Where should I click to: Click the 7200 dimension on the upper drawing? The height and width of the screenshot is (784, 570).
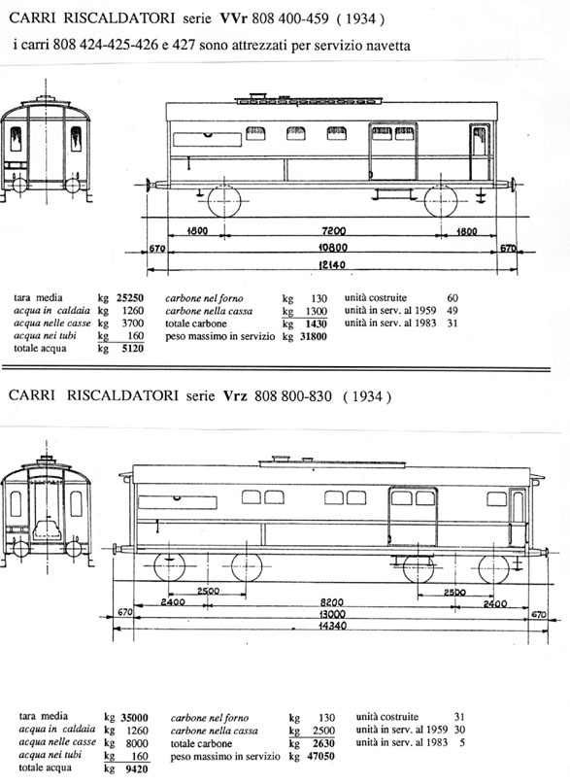pyautogui.click(x=334, y=231)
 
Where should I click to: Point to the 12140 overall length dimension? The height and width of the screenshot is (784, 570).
pyautogui.click(x=332, y=264)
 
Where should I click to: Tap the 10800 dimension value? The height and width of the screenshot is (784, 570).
pyautogui.click(x=333, y=248)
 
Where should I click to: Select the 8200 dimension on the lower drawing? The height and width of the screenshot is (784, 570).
pyautogui.click(x=331, y=603)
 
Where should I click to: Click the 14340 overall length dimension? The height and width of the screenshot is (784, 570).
pyautogui.click(x=332, y=626)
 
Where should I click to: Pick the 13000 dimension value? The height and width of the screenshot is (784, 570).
pyautogui.click(x=332, y=615)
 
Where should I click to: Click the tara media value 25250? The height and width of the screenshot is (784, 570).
pyautogui.click(x=130, y=298)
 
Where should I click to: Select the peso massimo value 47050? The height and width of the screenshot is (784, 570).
pyautogui.click(x=320, y=757)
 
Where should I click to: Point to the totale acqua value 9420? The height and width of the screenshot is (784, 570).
pyautogui.click(x=135, y=768)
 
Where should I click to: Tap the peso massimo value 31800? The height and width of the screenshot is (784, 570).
pyautogui.click(x=314, y=336)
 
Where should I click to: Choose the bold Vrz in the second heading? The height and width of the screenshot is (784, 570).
pyautogui.click(x=235, y=396)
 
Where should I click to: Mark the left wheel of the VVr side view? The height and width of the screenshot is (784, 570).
pyautogui.click(x=223, y=201)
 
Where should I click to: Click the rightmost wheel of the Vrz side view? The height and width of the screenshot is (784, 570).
pyautogui.click(x=493, y=568)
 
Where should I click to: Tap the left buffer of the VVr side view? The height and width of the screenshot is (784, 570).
pyautogui.click(x=150, y=184)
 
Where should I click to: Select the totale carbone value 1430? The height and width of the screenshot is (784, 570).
pyautogui.click(x=316, y=324)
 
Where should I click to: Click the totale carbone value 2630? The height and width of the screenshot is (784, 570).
pyautogui.click(x=323, y=743)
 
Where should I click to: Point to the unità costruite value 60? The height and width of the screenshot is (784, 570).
pyautogui.click(x=453, y=298)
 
